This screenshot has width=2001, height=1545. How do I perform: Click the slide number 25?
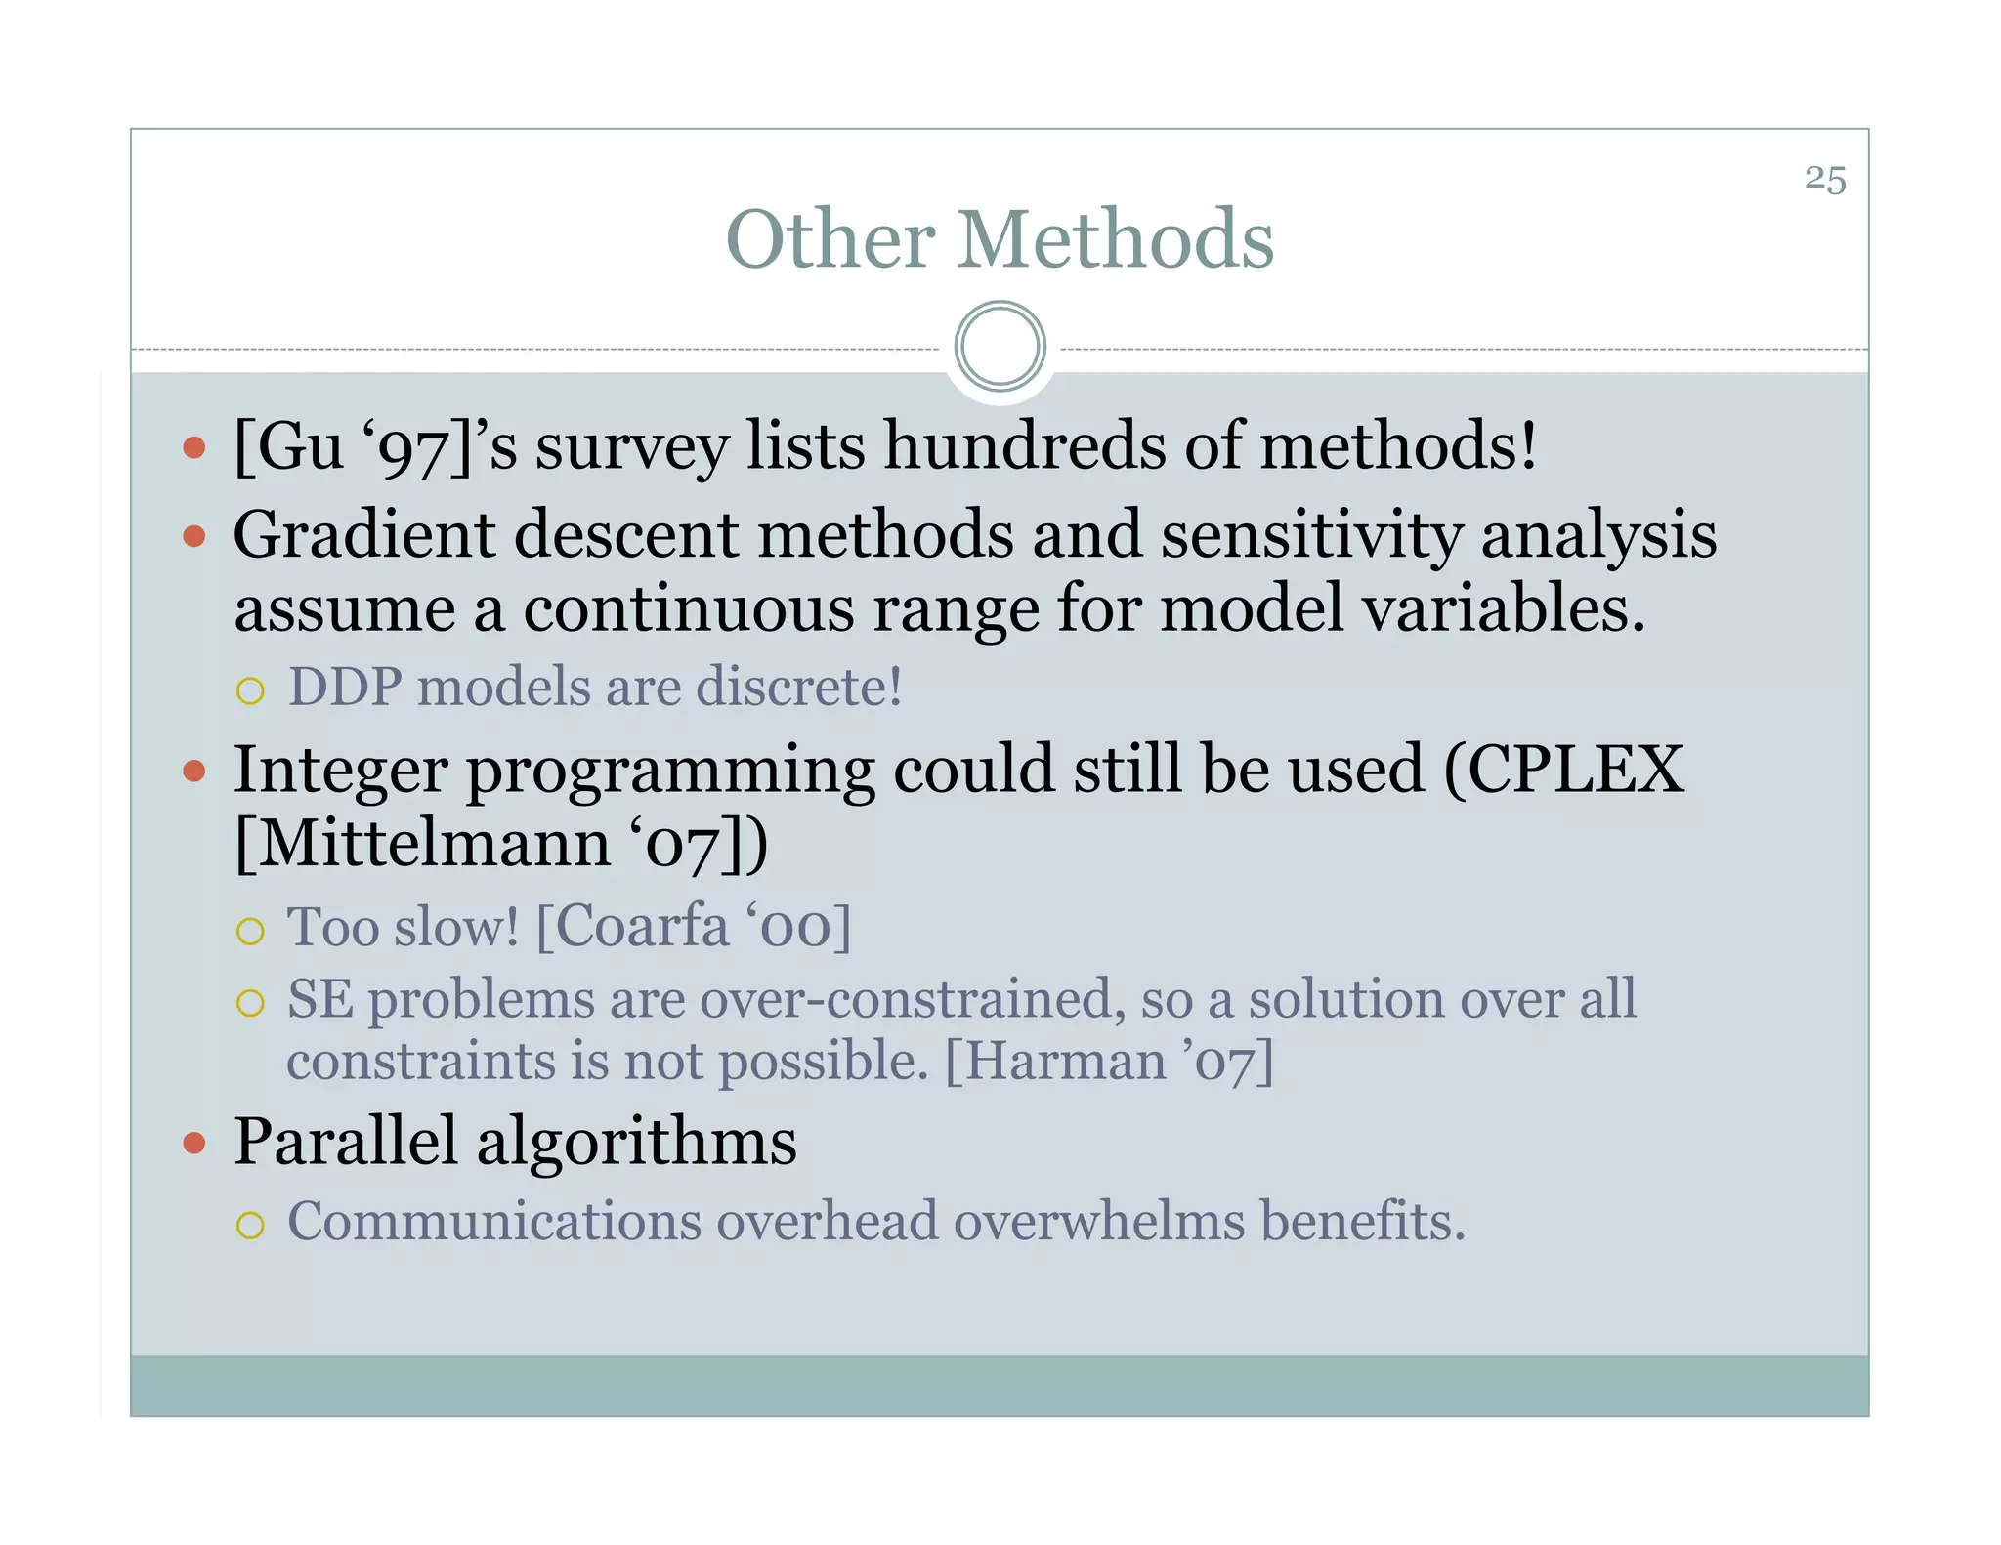click(x=1824, y=180)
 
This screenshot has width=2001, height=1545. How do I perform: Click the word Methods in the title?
click(x=1115, y=239)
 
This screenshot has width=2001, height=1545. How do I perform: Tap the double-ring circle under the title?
click(x=1000, y=347)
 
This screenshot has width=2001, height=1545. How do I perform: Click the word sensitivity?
click(x=1310, y=536)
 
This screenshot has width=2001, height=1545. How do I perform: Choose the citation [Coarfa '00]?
click(x=694, y=927)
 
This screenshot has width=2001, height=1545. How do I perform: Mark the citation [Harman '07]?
click(x=1109, y=1061)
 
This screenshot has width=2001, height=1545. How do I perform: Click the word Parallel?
click(x=345, y=1142)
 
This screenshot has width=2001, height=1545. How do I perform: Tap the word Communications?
click(x=494, y=1222)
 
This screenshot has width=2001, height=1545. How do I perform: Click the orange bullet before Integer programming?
click(x=194, y=772)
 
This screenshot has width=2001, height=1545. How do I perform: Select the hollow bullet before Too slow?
click(x=251, y=931)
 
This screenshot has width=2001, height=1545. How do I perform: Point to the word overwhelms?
click(x=1099, y=1222)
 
